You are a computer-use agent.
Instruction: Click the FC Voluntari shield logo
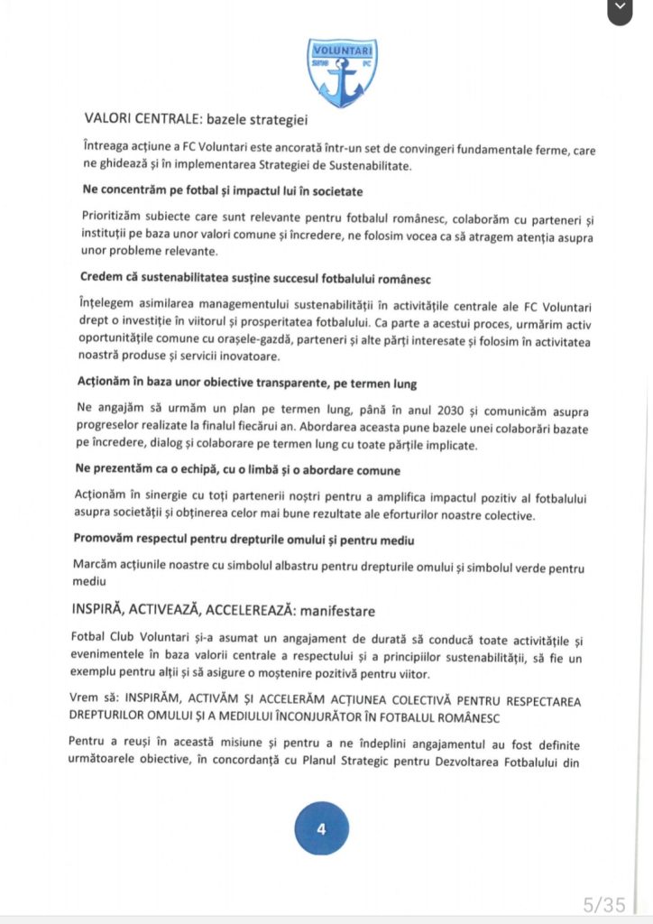point(342,72)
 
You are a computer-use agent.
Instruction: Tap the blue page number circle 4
point(321,827)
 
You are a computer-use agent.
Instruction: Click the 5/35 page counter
point(602,903)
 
